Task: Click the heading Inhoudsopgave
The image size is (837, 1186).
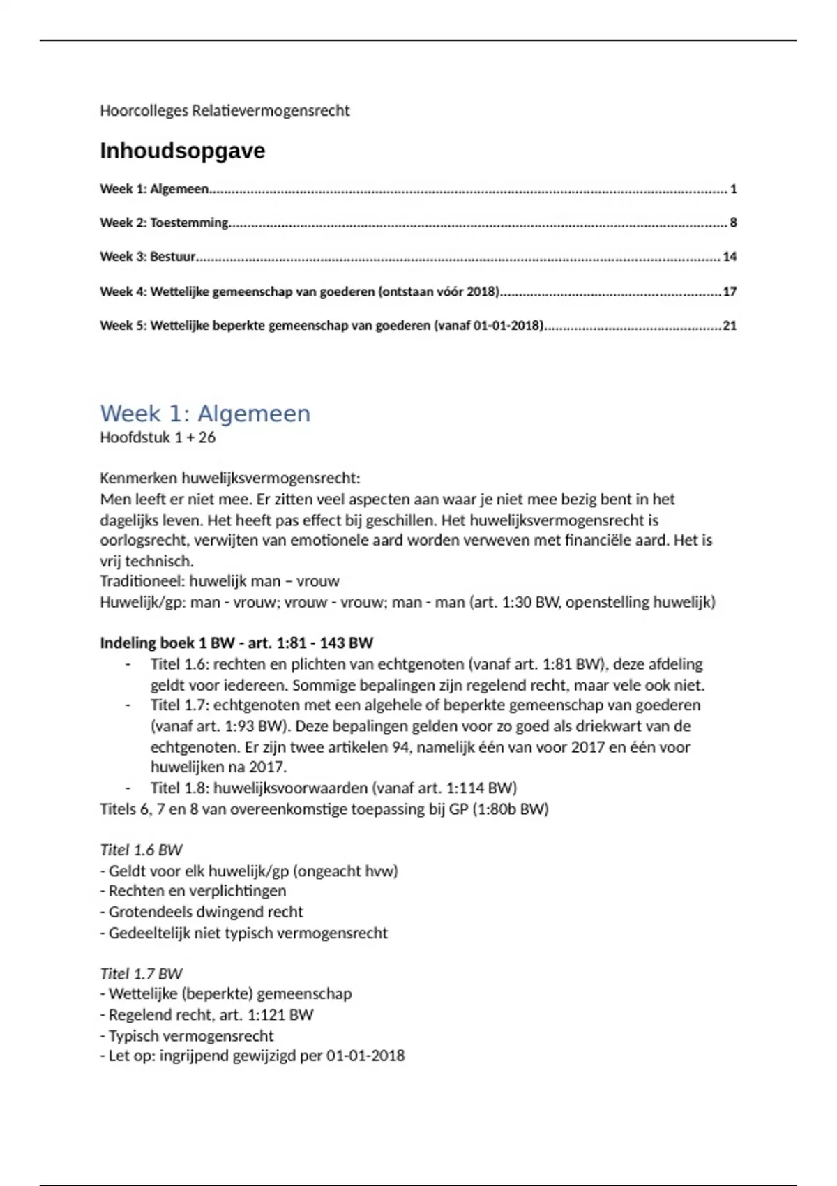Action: coord(182,151)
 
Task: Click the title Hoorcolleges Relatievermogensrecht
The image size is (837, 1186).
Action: coord(225,110)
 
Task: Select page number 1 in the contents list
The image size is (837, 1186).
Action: coord(733,189)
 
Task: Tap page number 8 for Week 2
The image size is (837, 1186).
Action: coord(733,223)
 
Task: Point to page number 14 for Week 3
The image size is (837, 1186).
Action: coord(730,257)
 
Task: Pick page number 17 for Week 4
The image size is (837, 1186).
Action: coord(730,292)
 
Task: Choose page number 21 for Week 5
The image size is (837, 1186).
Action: coord(730,325)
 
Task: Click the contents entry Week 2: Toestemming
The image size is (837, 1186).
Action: coord(164,223)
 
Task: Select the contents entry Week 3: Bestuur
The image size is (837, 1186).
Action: coord(148,257)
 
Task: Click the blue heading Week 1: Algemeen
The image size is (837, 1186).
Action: coord(205,413)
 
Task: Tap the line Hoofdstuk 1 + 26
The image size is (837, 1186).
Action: coord(158,437)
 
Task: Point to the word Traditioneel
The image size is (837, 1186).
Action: coord(142,581)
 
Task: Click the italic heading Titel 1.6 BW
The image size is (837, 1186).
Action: coord(141,850)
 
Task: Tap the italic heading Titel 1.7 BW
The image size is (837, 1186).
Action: coord(141,973)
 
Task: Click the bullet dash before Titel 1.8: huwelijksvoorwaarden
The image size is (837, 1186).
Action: coord(128,788)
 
